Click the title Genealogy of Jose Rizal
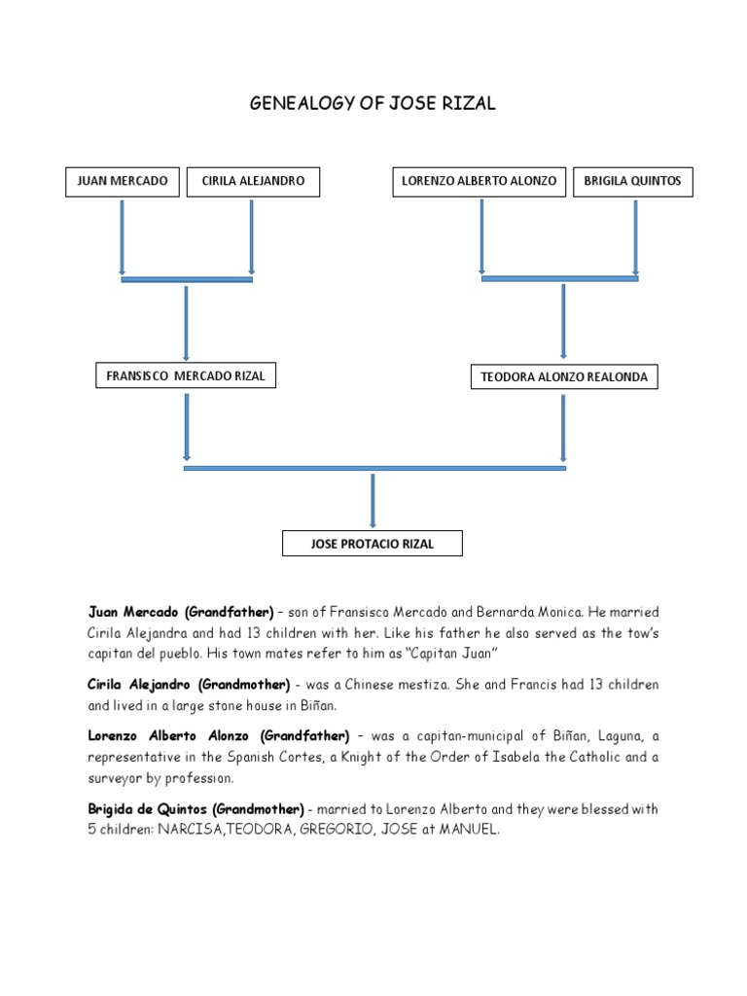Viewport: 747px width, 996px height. tap(373, 104)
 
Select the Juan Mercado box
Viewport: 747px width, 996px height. tap(123, 182)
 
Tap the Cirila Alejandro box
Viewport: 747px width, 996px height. tap(253, 182)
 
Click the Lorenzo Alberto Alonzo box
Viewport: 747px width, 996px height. tap(480, 182)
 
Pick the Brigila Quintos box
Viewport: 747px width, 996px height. tap(633, 182)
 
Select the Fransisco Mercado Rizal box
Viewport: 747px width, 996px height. tap(185, 376)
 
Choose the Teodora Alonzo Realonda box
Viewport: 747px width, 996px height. tap(564, 377)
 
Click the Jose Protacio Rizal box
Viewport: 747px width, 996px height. tap(373, 544)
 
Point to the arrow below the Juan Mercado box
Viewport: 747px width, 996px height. tap(123, 237)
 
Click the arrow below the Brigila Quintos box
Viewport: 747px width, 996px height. tap(635, 237)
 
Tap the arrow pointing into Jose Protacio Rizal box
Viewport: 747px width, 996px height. tap(373, 500)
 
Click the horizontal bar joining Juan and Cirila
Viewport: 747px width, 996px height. tap(187, 280)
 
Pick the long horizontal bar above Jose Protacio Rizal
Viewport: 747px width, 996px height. tap(374, 468)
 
